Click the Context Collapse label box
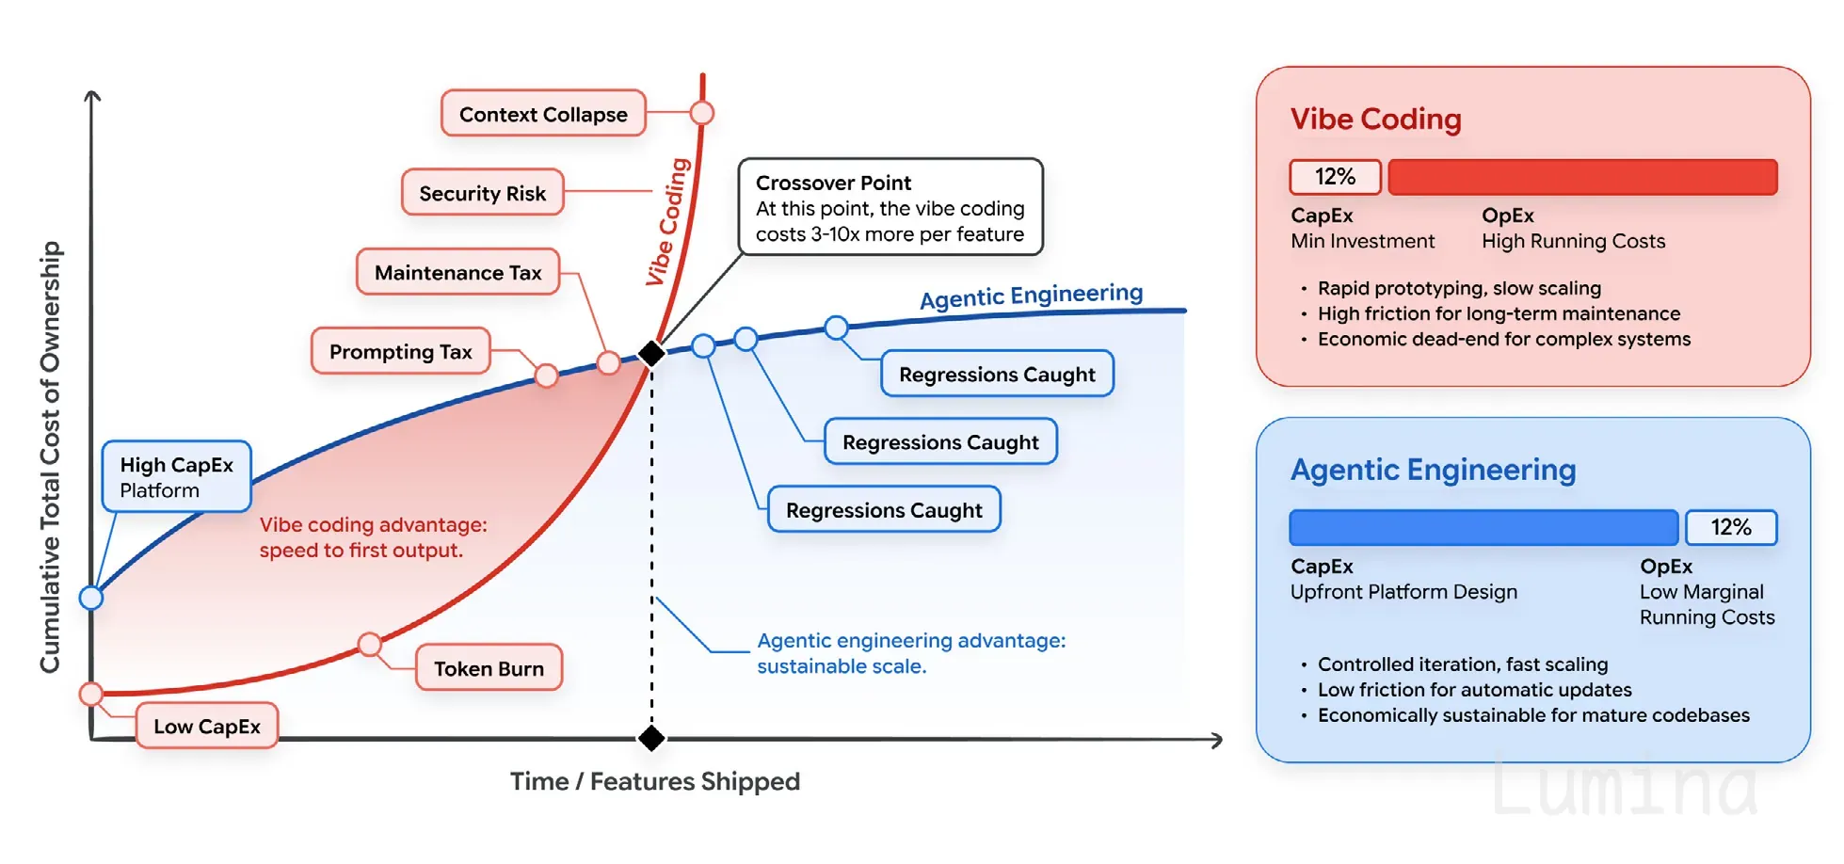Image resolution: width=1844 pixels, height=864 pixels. coord(543,114)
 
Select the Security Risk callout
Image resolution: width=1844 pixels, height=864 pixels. coord(483,193)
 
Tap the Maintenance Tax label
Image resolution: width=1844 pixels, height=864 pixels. coord(458,272)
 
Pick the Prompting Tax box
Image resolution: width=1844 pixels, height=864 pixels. coord(401,351)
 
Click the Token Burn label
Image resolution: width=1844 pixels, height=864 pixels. coord(489,668)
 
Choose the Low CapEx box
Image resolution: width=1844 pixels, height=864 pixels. coord(207,726)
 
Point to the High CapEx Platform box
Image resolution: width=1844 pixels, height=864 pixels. coord(177,477)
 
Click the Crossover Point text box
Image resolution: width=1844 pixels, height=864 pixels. coord(890,207)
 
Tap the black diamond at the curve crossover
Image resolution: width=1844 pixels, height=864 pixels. coord(651,354)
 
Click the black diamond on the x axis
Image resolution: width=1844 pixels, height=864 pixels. coord(651,738)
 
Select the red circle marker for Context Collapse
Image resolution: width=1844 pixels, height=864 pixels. coord(702,113)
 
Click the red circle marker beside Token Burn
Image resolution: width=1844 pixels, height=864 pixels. coord(370,645)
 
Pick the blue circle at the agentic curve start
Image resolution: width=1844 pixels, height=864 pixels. coord(91,598)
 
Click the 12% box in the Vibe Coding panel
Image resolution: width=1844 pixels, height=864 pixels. coord(1336,177)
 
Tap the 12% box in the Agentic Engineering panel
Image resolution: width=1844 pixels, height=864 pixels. coord(1731,528)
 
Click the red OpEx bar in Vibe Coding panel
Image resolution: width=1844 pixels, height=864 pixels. coord(1583,177)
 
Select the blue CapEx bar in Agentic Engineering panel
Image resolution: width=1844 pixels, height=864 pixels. coord(1483,528)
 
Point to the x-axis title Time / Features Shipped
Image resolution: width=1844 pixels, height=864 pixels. coord(655,781)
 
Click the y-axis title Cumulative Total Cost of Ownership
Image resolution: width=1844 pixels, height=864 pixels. coord(50,457)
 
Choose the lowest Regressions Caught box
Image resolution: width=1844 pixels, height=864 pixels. coord(885,509)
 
